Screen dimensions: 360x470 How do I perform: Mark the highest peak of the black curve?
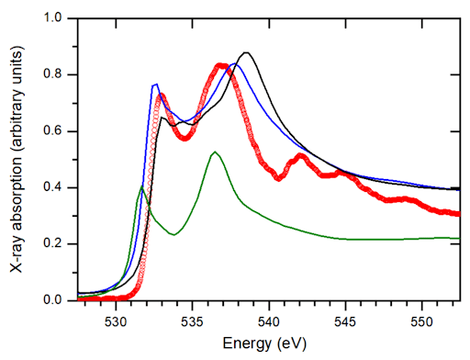click(246, 53)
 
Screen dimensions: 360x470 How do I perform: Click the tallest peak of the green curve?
click(215, 152)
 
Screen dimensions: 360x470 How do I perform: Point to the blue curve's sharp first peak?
click(155, 84)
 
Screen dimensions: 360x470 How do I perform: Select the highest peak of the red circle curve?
click(221, 66)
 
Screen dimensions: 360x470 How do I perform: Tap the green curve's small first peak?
click(141, 186)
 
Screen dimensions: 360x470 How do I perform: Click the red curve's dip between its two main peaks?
click(185, 138)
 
